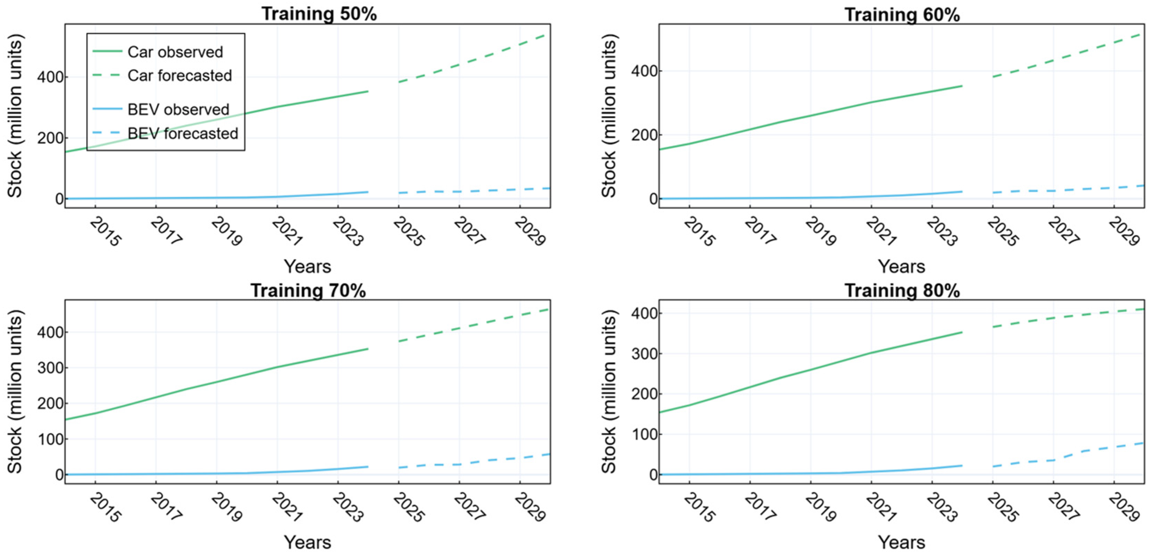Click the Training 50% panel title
[x=319, y=14]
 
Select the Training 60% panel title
[x=902, y=15]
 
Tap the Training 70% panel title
[x=308, y=290]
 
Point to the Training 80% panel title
[x=902, y=290]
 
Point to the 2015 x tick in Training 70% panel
[x=105, y=508]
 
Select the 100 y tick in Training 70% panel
[x=50, y=439]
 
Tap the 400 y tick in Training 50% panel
[x=50, y=77]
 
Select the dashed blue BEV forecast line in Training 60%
[x=1068, y=190]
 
